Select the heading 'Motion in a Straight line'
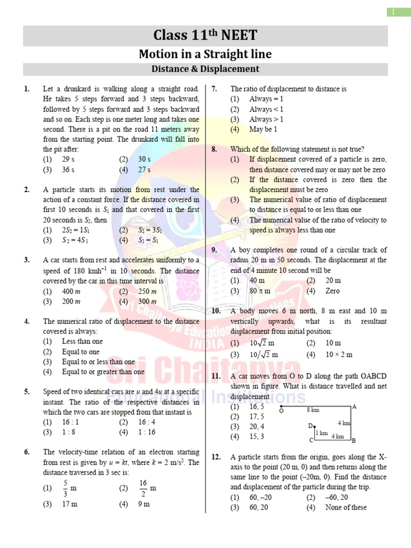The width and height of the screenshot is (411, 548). point(205,54)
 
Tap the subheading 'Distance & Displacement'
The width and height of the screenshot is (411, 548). point(205,69)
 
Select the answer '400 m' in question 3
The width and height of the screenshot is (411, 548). point(71,291)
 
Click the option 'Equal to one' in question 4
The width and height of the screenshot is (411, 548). point(80,352)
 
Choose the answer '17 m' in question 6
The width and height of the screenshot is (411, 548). point(70,504)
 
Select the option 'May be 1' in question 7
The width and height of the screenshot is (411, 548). point(263,130)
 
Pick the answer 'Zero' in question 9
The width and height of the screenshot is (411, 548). point(332,291)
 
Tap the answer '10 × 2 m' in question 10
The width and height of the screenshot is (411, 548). point(338,354)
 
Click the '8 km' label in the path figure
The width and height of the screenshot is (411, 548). point(313,410)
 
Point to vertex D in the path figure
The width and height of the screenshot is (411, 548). point(310,426)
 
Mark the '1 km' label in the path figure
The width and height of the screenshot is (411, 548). point(321,433)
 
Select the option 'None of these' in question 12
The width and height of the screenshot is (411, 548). point(346,507)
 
